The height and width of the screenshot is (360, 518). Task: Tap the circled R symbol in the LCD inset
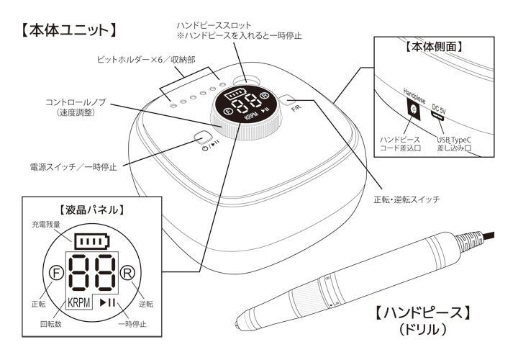coord(127,274)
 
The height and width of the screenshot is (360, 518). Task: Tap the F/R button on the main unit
coord(287,103)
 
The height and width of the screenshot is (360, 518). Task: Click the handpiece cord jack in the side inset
coord(413,109)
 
